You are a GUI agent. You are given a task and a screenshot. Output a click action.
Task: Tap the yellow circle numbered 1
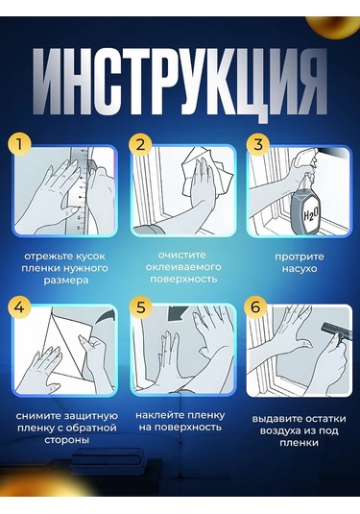[19, 144]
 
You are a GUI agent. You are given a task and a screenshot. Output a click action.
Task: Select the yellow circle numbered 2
[140, 144]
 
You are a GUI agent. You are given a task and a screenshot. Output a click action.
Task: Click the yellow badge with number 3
[258, 144]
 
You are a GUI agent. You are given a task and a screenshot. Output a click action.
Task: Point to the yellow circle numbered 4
[19, 307]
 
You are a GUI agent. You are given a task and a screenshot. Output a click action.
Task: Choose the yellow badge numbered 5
[140, 307]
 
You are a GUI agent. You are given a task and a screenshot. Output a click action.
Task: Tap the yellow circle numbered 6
[255, 307]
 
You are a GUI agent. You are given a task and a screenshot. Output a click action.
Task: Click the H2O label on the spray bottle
[309, 215]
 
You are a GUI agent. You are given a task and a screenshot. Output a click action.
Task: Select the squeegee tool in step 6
[336, 337]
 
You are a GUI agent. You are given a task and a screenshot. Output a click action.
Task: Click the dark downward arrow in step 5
[178, 314]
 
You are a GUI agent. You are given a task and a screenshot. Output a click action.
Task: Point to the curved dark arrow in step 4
[108, 320]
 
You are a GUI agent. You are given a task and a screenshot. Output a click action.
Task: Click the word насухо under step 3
[300, 269]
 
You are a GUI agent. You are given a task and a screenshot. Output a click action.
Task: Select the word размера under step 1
[66, 281]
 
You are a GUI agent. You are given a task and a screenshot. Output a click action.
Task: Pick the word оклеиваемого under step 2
[183, 267]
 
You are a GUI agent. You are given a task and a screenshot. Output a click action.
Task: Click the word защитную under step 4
[91, 416]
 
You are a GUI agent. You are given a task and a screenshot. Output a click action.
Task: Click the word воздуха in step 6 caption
[281, 431]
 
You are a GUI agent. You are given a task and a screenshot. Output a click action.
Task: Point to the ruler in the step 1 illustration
[79, 190]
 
